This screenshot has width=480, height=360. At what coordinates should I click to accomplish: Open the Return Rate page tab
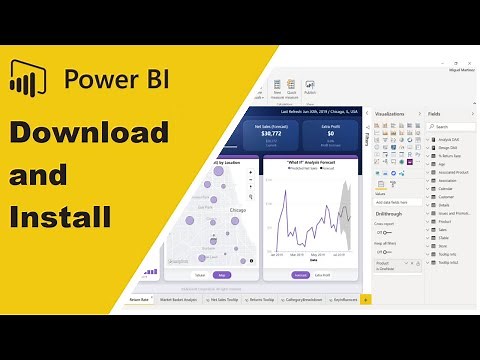point(139,298)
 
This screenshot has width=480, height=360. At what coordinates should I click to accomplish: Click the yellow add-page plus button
point(365,298)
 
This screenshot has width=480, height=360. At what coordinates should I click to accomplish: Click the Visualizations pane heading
point(390,115)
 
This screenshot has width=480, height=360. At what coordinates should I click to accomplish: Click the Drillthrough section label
point(389,213)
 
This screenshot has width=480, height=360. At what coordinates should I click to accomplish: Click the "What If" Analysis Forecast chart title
point(309,161)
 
